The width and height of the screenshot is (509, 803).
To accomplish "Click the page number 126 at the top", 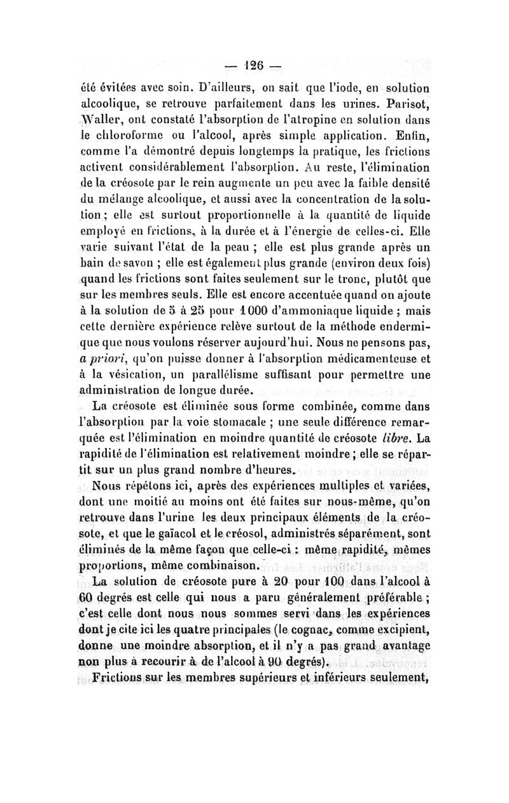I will pos(253,65).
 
